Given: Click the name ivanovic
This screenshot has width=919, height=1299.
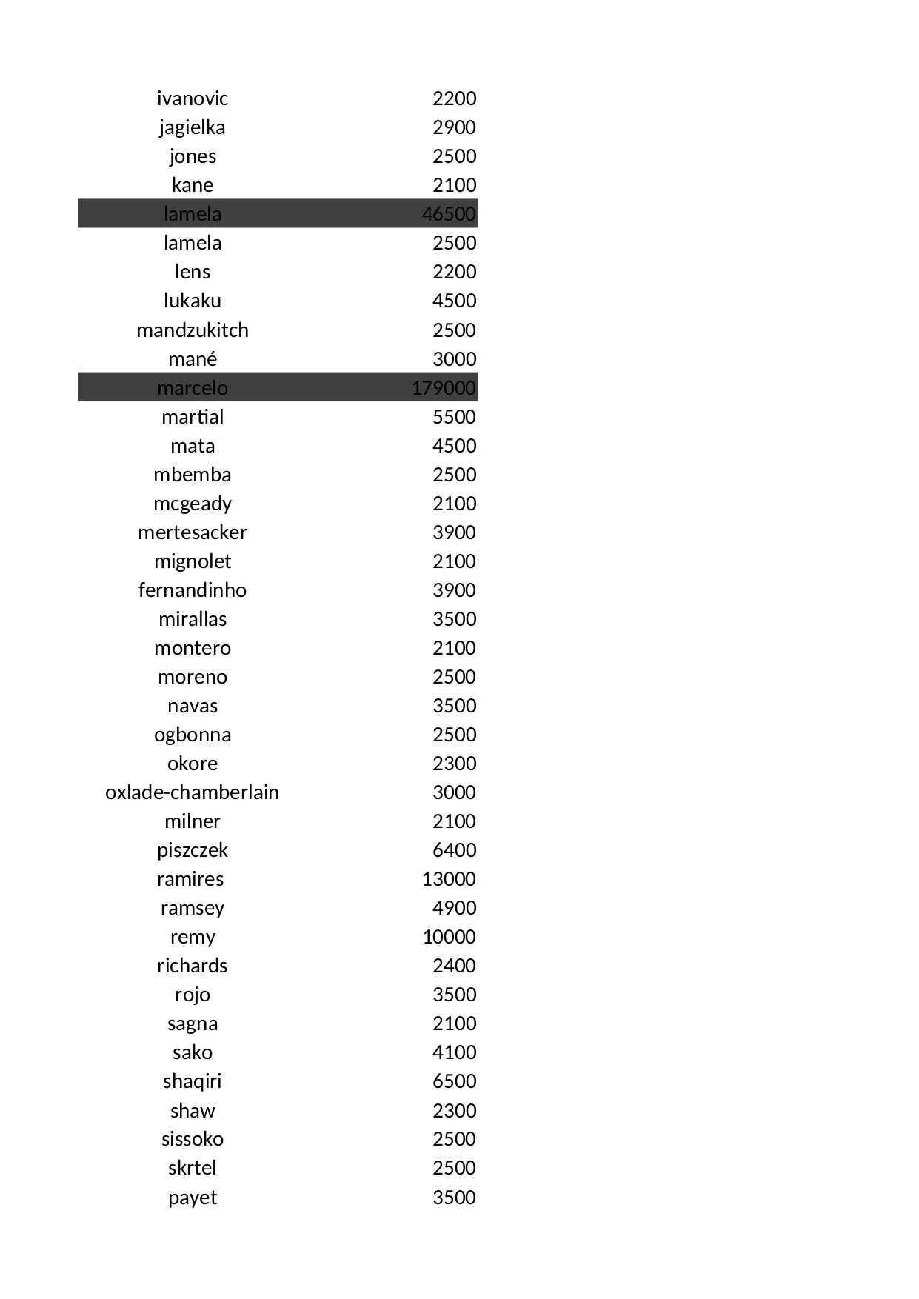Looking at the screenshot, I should [192, 98].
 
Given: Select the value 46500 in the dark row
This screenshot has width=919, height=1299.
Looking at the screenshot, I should [449, 214].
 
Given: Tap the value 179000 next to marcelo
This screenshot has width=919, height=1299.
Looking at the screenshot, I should [444, 388].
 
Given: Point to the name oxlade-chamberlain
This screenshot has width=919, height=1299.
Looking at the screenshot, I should [192, 792].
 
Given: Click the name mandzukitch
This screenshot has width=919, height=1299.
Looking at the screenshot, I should [192, 330].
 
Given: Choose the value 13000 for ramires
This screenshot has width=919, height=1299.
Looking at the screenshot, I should [449, 879].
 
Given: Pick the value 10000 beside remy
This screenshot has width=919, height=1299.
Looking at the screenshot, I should [449, 937].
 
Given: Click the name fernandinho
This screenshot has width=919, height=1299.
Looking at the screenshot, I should [192, 590].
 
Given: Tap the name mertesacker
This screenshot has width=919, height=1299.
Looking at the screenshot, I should [192, 532].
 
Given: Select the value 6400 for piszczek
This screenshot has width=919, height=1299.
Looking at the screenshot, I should [454, 850].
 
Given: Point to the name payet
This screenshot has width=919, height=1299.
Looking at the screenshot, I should [192, 1198].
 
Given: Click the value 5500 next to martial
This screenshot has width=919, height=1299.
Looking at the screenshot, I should [454, 417].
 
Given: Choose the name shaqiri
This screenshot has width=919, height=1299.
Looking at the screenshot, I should [192, 1081].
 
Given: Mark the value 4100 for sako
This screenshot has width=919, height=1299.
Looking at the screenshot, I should [454, 1052].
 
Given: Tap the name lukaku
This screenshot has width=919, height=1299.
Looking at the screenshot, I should [192, 301].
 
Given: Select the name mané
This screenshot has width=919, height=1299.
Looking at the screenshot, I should [192, 359].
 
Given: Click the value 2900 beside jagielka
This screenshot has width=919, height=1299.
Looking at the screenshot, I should [454, 127].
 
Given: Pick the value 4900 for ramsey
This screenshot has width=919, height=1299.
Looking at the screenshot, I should [454, 908].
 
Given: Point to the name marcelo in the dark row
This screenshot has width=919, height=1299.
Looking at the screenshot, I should [192, 388].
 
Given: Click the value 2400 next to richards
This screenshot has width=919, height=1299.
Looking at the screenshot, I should [454, 966].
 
